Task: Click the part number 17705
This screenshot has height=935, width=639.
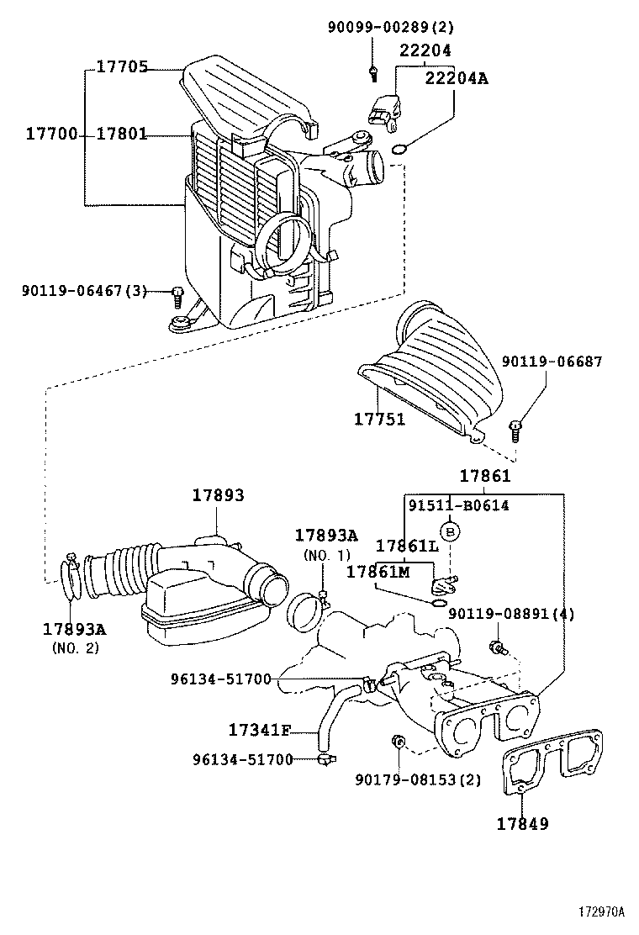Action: [121, 67]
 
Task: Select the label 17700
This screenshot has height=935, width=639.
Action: [51, 134]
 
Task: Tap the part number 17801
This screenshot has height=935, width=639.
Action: [121, 134]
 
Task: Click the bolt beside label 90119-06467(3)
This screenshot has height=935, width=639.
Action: [177, 294]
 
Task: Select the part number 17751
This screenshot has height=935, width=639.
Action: [378, 418]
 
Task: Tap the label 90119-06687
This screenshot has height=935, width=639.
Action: [552, 362]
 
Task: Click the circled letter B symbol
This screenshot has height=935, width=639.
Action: [451, 531]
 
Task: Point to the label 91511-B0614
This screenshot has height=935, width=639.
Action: [458, 505]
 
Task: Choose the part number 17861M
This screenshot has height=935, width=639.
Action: [378, 572]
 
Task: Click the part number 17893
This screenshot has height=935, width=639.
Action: [218, 495]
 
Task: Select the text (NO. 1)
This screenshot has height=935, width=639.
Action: [326, 555]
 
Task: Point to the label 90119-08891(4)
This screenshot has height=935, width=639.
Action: [511, 614]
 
